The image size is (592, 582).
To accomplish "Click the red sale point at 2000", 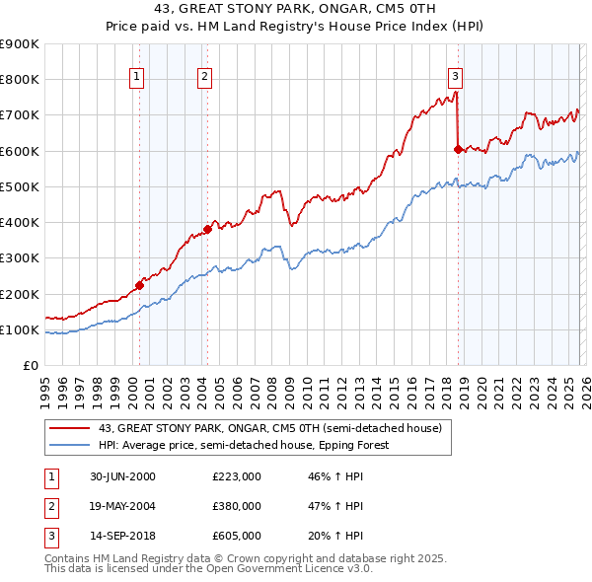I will [139, 285].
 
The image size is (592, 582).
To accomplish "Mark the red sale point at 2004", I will [207, 229].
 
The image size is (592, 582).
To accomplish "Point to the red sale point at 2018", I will [458, 149].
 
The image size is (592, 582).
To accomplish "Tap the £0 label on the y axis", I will [30, 365].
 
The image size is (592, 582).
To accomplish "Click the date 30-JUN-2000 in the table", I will [122, 476].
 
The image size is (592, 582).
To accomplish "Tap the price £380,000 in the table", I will [236, 506].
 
